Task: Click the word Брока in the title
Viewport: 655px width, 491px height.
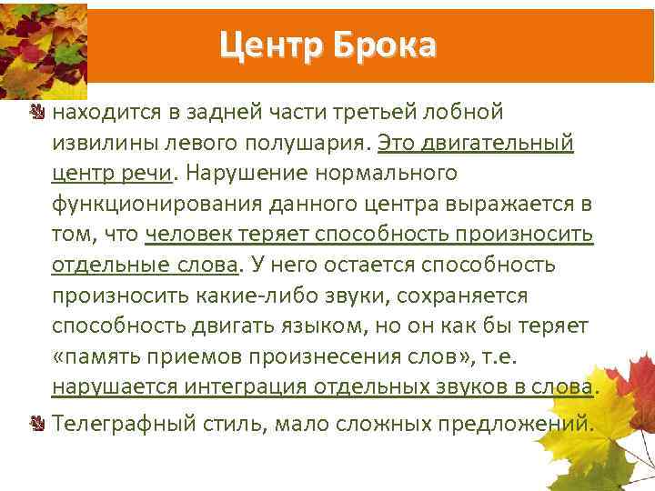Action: click(x=386, y=44)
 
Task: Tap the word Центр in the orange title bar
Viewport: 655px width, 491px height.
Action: click(x=272, y=44)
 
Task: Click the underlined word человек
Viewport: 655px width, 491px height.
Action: click(x=189, y=234)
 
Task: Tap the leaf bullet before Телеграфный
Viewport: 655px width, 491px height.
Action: click(x=38, y=423)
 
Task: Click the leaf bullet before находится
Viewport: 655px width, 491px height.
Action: click(x=38, y=113)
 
